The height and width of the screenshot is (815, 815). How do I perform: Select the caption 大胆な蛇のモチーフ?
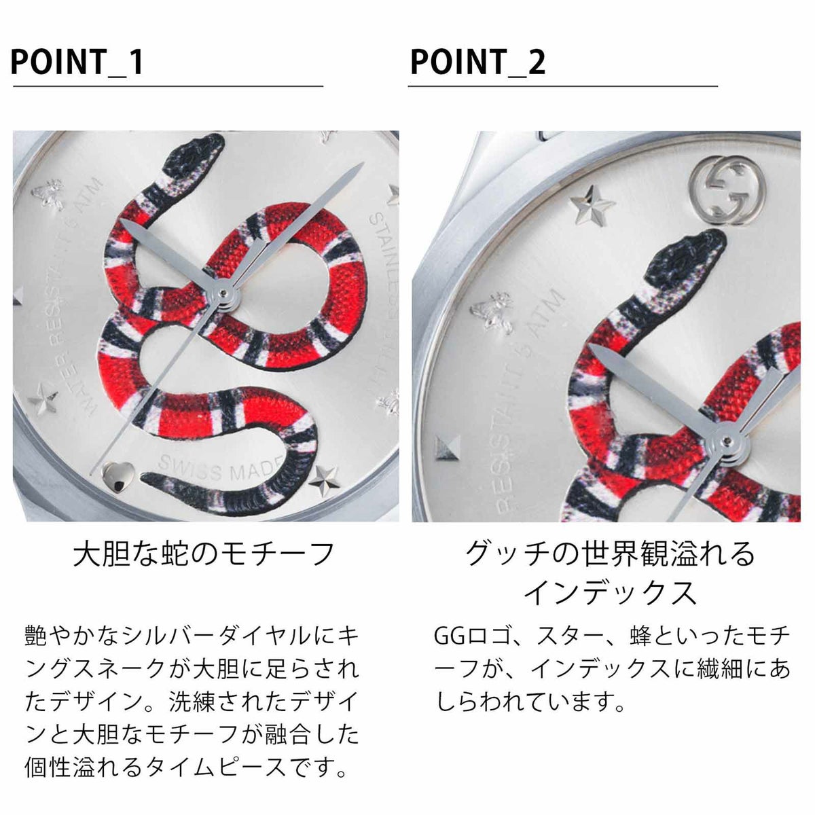[204, 554]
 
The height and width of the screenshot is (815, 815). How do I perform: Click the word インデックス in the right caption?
[609, 592]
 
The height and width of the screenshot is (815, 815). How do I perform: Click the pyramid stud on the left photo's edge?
[18, 297]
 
